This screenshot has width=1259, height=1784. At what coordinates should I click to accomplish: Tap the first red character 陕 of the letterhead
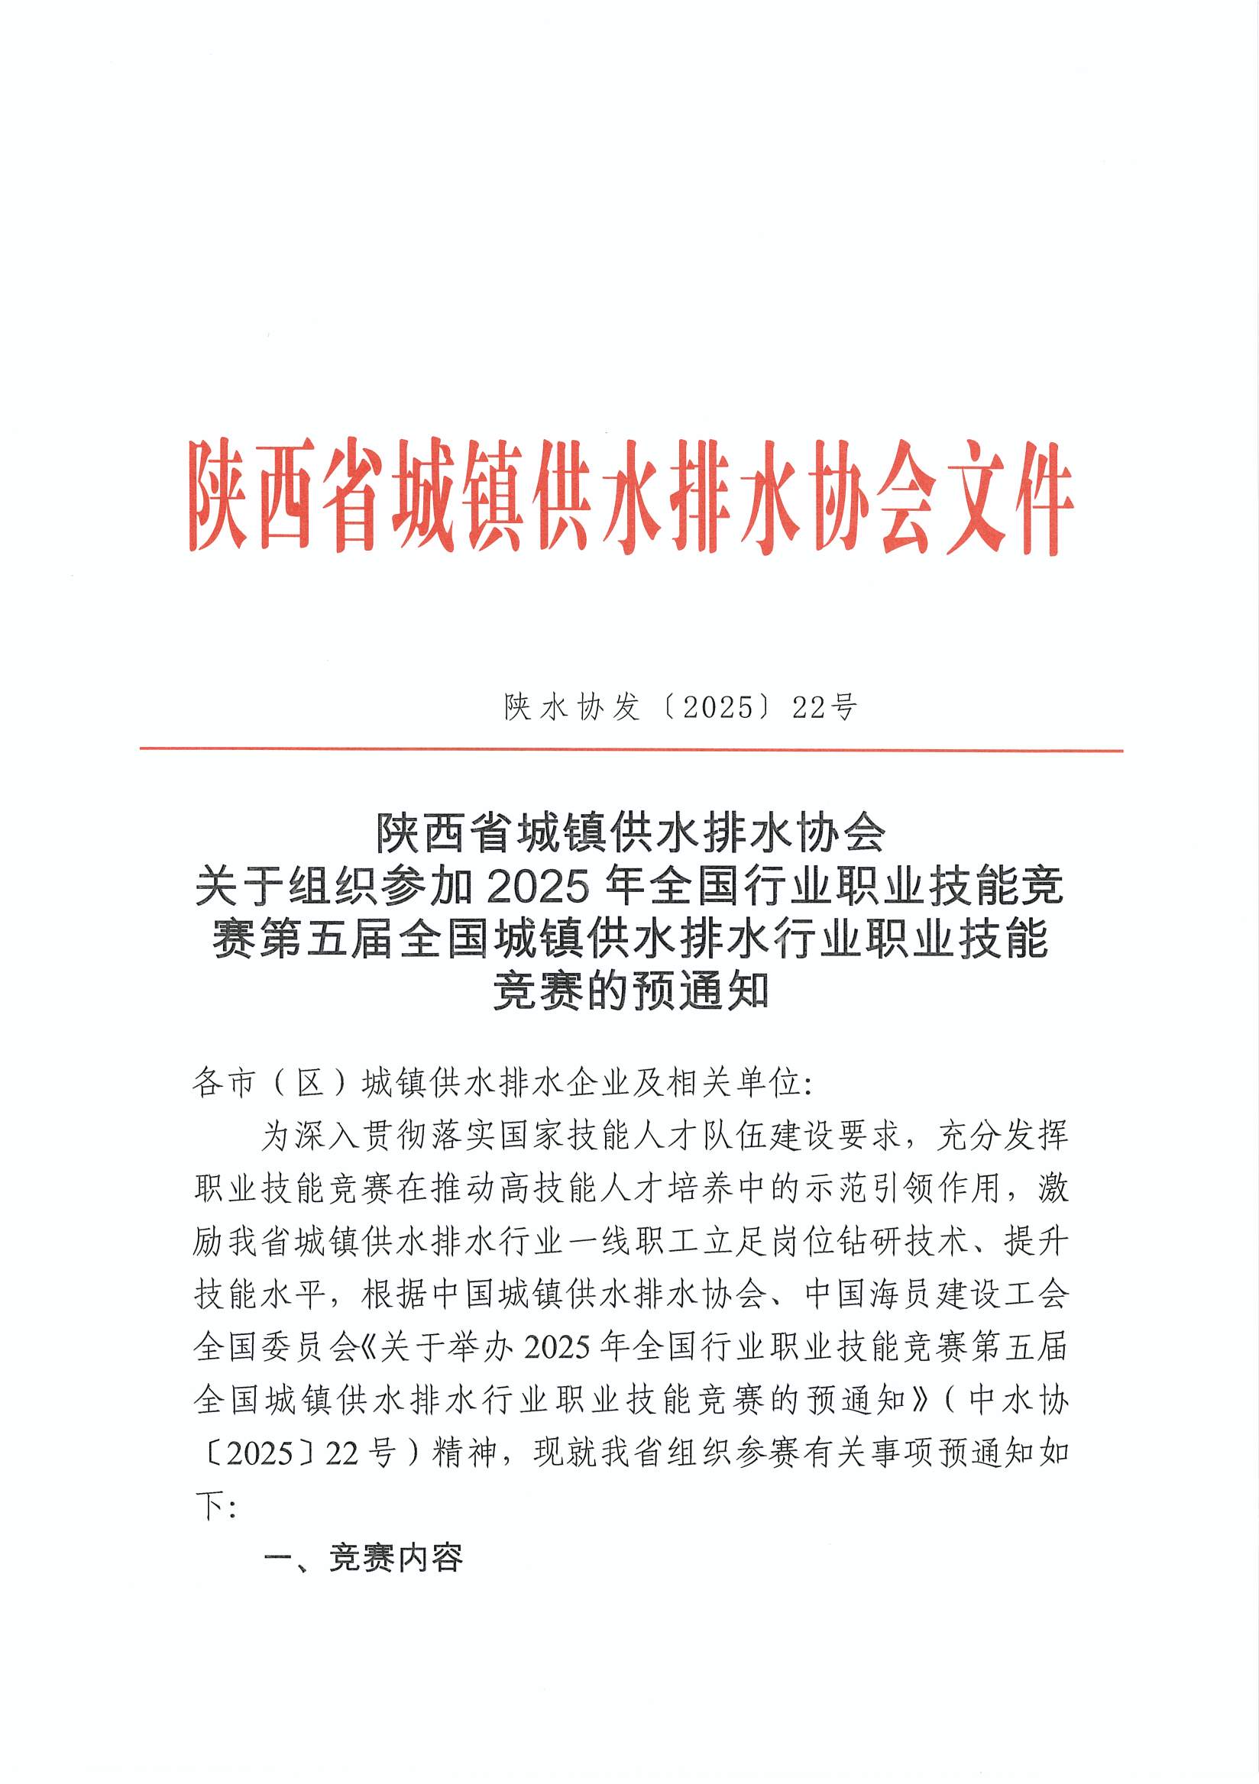tap(220, 496)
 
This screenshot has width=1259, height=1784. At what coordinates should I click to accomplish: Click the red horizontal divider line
tap(631, 750)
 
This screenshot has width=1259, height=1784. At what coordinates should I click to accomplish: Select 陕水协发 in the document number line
tap(571, 707)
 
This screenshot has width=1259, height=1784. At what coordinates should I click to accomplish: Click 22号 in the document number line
tap(824, 707)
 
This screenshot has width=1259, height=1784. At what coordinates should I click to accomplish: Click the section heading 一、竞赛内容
tap(364, 1558)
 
